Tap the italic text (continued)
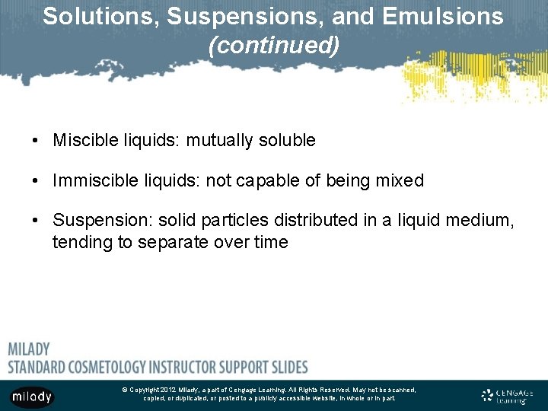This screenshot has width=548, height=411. (274, 46)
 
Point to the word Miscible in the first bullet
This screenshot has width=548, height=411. (81, 141)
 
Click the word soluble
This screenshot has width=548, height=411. (287, 141)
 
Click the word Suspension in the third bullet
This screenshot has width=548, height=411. (99, 221)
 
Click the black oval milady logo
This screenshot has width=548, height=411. (32, 397)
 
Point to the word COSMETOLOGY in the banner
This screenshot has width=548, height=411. (110, 367)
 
